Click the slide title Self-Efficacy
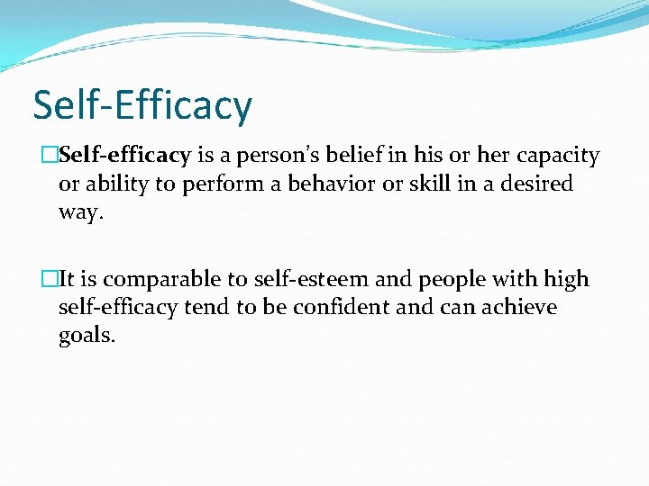point(142,105)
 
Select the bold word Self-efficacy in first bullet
point(125,156)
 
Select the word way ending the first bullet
point(78,212)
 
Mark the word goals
point(87,337)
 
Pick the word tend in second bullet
point(206,308)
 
